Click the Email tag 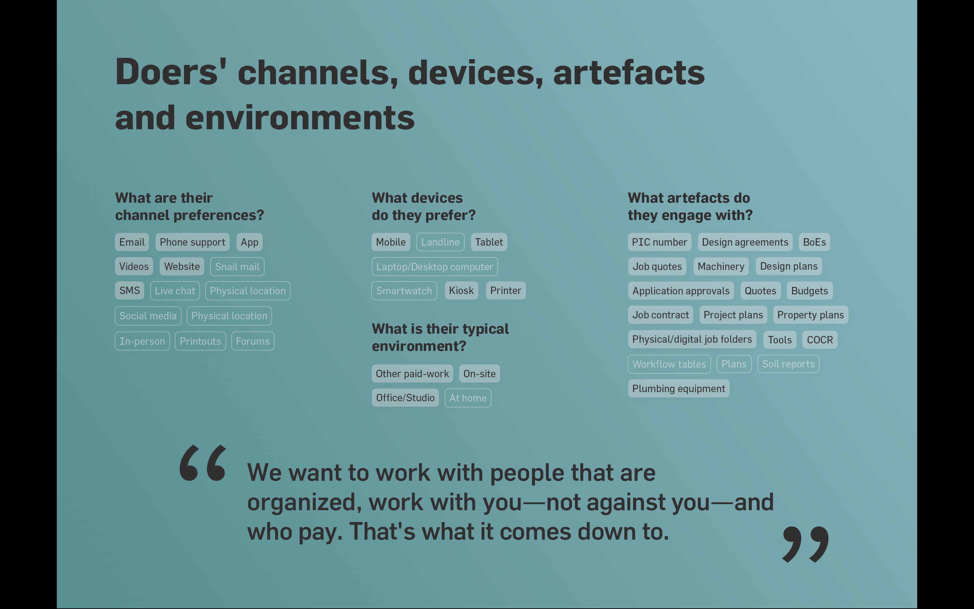click(132, 242)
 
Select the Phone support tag click(192, 242)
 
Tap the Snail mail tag click(237, 267)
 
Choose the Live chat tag click(175, 291)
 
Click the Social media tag click(148, 316)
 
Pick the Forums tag click(253, 341)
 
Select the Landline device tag click(440, 242)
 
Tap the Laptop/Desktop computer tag click(435, 267)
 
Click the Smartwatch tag click(404, 291)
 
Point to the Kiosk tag click(461, 290)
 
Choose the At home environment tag click(468, 398)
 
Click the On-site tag click(479, 374)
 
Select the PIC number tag click(660, 242)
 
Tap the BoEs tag click(815, 242)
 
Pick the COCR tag click(820, 340)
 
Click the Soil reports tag click(788, 364)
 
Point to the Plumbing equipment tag click(678, 389)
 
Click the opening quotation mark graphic click(203, 463)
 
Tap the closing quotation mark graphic click(805, 544)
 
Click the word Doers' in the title click(171, 72)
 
